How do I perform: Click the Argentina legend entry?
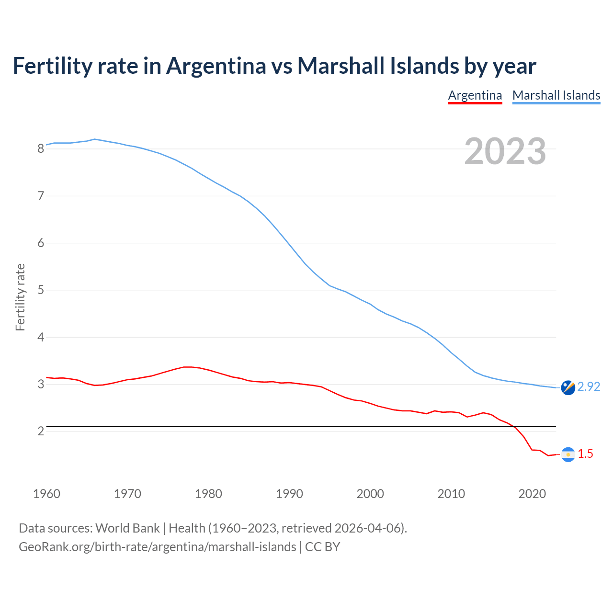pos(475,95)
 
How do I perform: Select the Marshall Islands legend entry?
pos(556,95)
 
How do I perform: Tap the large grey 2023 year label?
pos(505,151)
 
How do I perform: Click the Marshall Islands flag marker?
pos(568,387)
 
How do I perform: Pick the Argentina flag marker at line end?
pos(568,454)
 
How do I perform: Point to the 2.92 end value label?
pos(589,386)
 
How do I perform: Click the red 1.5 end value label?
pos(585,454)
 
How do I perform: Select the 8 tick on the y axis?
pos(41,148)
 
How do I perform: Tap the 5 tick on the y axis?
pos(41,290)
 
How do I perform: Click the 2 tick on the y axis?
pos(41,431)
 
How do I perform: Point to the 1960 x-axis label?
pos(46,494)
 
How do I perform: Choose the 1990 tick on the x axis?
pos(289,494)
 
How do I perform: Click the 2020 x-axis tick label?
pos(532,494)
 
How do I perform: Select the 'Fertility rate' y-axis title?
pos(20,297)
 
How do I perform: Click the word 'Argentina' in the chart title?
pos(216,66)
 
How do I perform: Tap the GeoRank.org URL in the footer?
pos(157,547)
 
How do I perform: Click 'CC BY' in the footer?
pos(322,547)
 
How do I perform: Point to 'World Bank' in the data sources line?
pos(127,528)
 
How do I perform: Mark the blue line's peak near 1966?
pos(95,139)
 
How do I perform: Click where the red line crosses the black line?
pos(515,426)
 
